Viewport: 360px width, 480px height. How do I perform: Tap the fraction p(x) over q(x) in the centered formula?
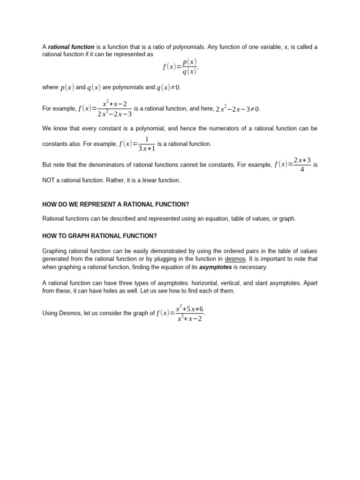pos(189,67)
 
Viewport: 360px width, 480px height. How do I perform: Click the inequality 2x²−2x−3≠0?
pos(238,109)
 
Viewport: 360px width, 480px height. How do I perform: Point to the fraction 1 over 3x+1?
pos(147,144)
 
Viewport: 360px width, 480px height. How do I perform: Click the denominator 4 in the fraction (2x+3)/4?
pos(302,170)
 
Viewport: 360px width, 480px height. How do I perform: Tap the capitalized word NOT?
pos(50,180)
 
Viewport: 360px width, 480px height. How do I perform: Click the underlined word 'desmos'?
pos(235,259)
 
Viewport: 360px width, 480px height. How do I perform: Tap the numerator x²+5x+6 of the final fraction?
pos(189,309)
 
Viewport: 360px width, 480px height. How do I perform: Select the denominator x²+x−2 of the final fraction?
pos(189,319)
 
